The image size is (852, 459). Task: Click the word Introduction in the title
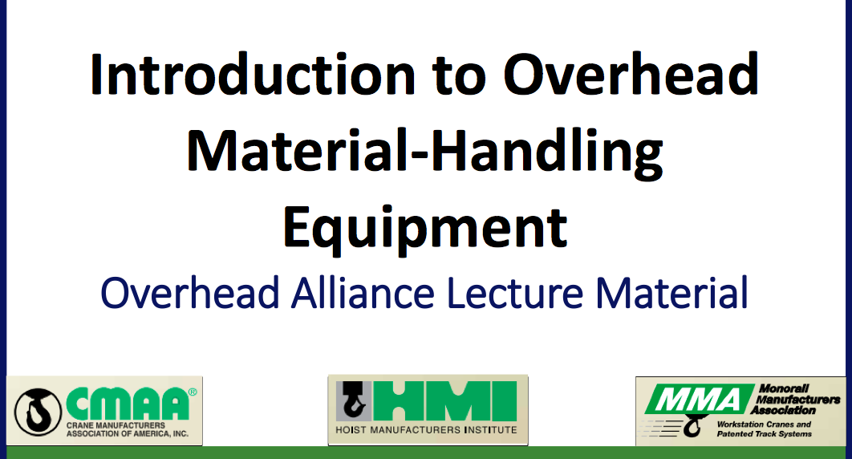tap(253, 75)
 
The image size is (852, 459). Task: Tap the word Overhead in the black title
tap(631, 75)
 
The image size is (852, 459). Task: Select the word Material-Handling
tap(424, 152)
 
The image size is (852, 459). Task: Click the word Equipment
tap(425, 229)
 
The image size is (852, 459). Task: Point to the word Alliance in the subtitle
tap(363, 294)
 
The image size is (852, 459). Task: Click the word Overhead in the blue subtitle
tap(190, 294)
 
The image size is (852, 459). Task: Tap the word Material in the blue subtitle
tap(672, 294)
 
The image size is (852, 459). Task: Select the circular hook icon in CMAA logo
tap(38, 412)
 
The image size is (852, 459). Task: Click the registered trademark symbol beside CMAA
tap(193, 392)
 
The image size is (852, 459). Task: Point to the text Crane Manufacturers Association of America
tap(127, 429)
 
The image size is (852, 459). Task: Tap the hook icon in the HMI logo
tap(354, 401)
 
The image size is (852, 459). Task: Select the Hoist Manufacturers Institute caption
tap(427, 429)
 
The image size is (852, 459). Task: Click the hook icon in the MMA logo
tap(692, 426)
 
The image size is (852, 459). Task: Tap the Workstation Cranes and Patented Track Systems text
tap(764, 429)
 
